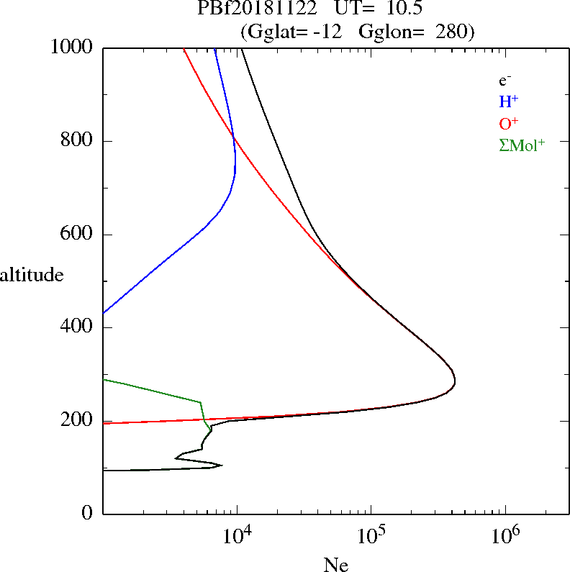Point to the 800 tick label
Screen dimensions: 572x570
point(78,141)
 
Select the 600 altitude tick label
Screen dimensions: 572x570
point(78,235)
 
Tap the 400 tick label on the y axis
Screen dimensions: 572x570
point(78,327)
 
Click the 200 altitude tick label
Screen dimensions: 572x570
point(78,421)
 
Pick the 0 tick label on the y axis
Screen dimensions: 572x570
point(87,514)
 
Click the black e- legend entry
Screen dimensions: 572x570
point(505,81)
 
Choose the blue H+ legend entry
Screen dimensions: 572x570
point(508,102)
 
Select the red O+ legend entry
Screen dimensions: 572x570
point(508,124)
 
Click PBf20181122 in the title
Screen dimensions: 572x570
point(257,9)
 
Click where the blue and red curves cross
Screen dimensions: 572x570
point(234,137)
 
